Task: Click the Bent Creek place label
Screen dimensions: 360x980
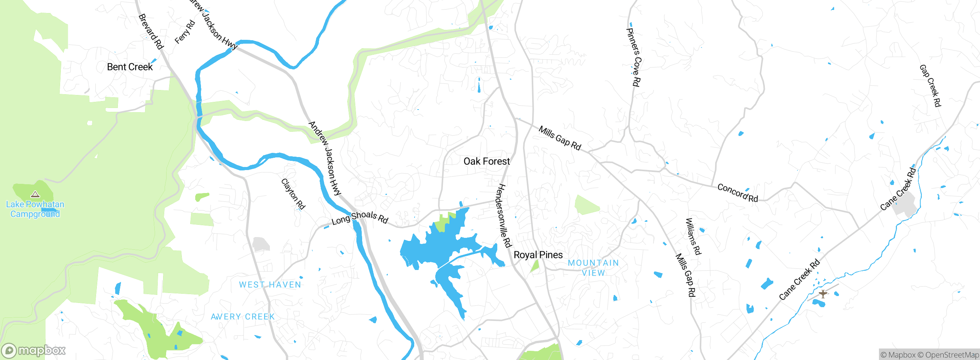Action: click(x=130, y=67)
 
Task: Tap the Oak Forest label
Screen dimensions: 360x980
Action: click(x=487, y=161)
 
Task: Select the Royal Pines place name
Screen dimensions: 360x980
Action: click(x=538, y=255)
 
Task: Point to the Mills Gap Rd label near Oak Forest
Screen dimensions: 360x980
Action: click(x=560, y=138)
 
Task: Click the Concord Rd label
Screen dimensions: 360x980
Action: click(x=737, y=193)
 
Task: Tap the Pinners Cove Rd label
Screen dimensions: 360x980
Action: click(x=634, y=57)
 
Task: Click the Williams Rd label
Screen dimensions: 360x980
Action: click(x=693, y=236)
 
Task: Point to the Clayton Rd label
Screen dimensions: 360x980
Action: click(x=293, y=194)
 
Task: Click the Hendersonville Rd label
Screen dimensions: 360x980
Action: click(x=503, y=216)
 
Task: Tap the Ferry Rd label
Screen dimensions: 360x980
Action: click(x=185, y=32)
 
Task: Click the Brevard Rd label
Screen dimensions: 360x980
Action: click(x=151, y=31)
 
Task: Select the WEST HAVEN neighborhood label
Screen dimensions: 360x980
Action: click(x=270, y=285)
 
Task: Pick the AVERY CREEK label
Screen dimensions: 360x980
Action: click(x=243, y=317)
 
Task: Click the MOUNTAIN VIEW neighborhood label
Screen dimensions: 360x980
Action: click(x=593, y=268)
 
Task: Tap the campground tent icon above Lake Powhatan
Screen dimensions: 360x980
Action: click(x=35, y=195)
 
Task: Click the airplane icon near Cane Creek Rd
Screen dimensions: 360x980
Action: click(x=823, y=294)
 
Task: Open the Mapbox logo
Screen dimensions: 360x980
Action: click(x=34, y=350)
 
